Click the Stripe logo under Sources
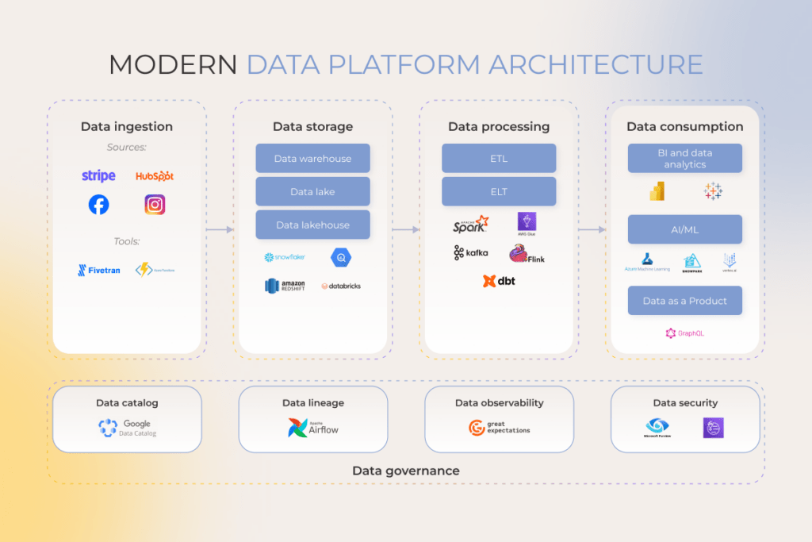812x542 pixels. pos(98,175)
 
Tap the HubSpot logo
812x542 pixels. pos(155,175)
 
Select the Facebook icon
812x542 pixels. pos(98,205)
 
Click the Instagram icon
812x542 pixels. pos(155,205)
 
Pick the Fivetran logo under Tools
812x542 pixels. pos(99,270)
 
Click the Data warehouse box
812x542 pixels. pos(312,159)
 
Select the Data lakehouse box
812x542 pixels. pos(312,225)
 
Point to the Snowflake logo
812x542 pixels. pos(285,257)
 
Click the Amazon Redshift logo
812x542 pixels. pos(285,286)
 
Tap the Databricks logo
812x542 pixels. pos(341,286)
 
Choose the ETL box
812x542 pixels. pos(499,159)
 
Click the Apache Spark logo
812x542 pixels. pos(470,225)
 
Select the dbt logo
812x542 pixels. pos(499,281)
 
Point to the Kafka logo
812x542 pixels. pos(471,253)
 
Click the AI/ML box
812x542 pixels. pos(684,229)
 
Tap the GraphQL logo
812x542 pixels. pos(684,333)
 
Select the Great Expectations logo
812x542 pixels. pos(499,429)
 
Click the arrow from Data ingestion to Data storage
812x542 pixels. pos(220,230)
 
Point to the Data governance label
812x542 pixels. pos(405,471)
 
